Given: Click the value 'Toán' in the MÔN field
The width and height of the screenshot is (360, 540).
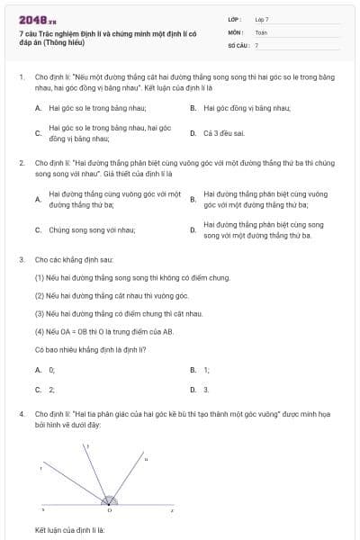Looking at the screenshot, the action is [x=261, y=32].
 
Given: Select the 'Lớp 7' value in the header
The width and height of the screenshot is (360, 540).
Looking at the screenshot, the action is [x=262, y=19].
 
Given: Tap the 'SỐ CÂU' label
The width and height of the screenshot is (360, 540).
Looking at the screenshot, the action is [x=238, y=45].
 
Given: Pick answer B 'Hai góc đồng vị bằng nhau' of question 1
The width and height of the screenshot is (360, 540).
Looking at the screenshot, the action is [x=246, y=107].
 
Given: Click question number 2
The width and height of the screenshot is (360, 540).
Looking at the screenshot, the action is [x=21, y=163].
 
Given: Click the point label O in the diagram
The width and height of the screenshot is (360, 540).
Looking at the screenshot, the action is [x=110, y=510].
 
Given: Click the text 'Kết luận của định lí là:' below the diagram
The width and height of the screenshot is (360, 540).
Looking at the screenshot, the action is [x=70, y=530].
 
